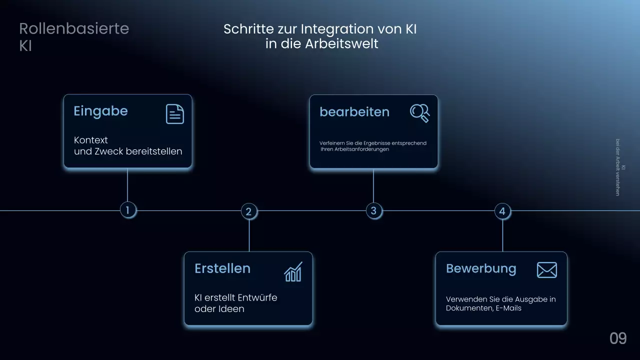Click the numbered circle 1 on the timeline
tap(128, 210)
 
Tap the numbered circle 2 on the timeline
tap(249, 211)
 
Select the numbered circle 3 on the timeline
tap(373, 210)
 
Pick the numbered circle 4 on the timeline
tap(502, 211)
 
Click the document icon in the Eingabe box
tap(175, 114)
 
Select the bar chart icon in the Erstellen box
tap(293, 271)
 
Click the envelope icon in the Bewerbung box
tap(546, 270)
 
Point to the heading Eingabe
tap(100, 111)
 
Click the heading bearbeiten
tap(354, 112)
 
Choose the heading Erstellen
tap(222, 268)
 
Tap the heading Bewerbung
tap(480, 268)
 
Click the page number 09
tap(618, 338)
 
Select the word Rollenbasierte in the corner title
tap(74, 28)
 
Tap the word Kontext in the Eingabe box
tap(90, 140)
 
